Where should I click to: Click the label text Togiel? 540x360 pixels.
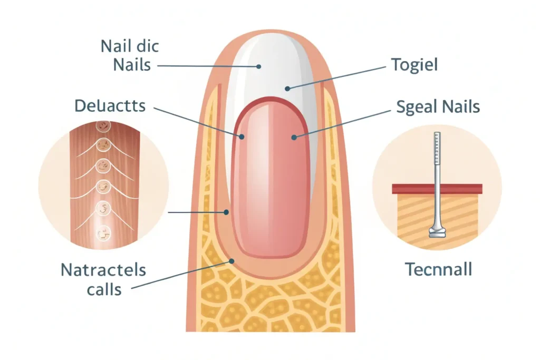414,65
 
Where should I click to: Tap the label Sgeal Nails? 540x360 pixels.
438,107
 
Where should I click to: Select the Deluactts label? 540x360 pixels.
110,105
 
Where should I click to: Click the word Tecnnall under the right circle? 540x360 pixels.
438,269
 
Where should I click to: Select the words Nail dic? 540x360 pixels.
129,47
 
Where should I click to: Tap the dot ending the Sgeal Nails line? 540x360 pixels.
293,137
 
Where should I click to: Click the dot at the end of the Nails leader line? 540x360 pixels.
259,66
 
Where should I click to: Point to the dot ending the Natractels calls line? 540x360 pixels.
230,260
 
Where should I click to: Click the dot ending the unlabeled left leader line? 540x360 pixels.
226,212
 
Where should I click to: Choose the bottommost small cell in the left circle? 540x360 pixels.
103,230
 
